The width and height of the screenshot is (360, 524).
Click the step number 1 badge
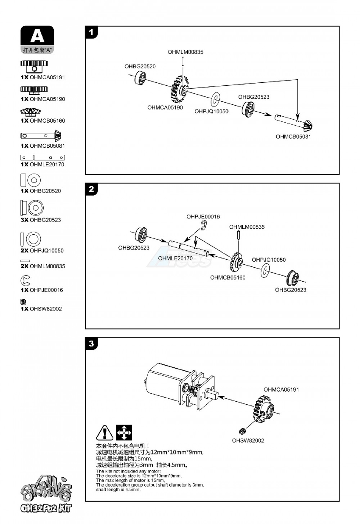(x=91, y=32)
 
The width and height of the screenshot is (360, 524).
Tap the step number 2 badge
(x=91, y=189)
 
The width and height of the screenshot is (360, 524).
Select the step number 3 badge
(x=91, y=344)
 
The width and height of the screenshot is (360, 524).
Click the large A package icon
(x=37, y=36)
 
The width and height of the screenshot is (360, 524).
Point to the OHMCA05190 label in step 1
(x=165, y=107)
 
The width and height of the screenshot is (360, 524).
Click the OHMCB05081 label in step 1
(x=293, y=136)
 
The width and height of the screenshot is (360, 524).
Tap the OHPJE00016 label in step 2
(x=203, y=216)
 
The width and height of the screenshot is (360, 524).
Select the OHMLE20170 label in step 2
(x=175, y=258)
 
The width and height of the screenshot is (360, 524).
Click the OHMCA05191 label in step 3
(x=281, y=389)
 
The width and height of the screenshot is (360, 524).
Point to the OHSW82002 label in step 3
(x=248, y=440)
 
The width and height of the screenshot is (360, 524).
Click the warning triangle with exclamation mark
(x=105, y=433)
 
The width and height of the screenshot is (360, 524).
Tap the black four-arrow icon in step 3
(x=124, y=433)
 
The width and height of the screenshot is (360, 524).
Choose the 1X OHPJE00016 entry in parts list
(x=42, y=290)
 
